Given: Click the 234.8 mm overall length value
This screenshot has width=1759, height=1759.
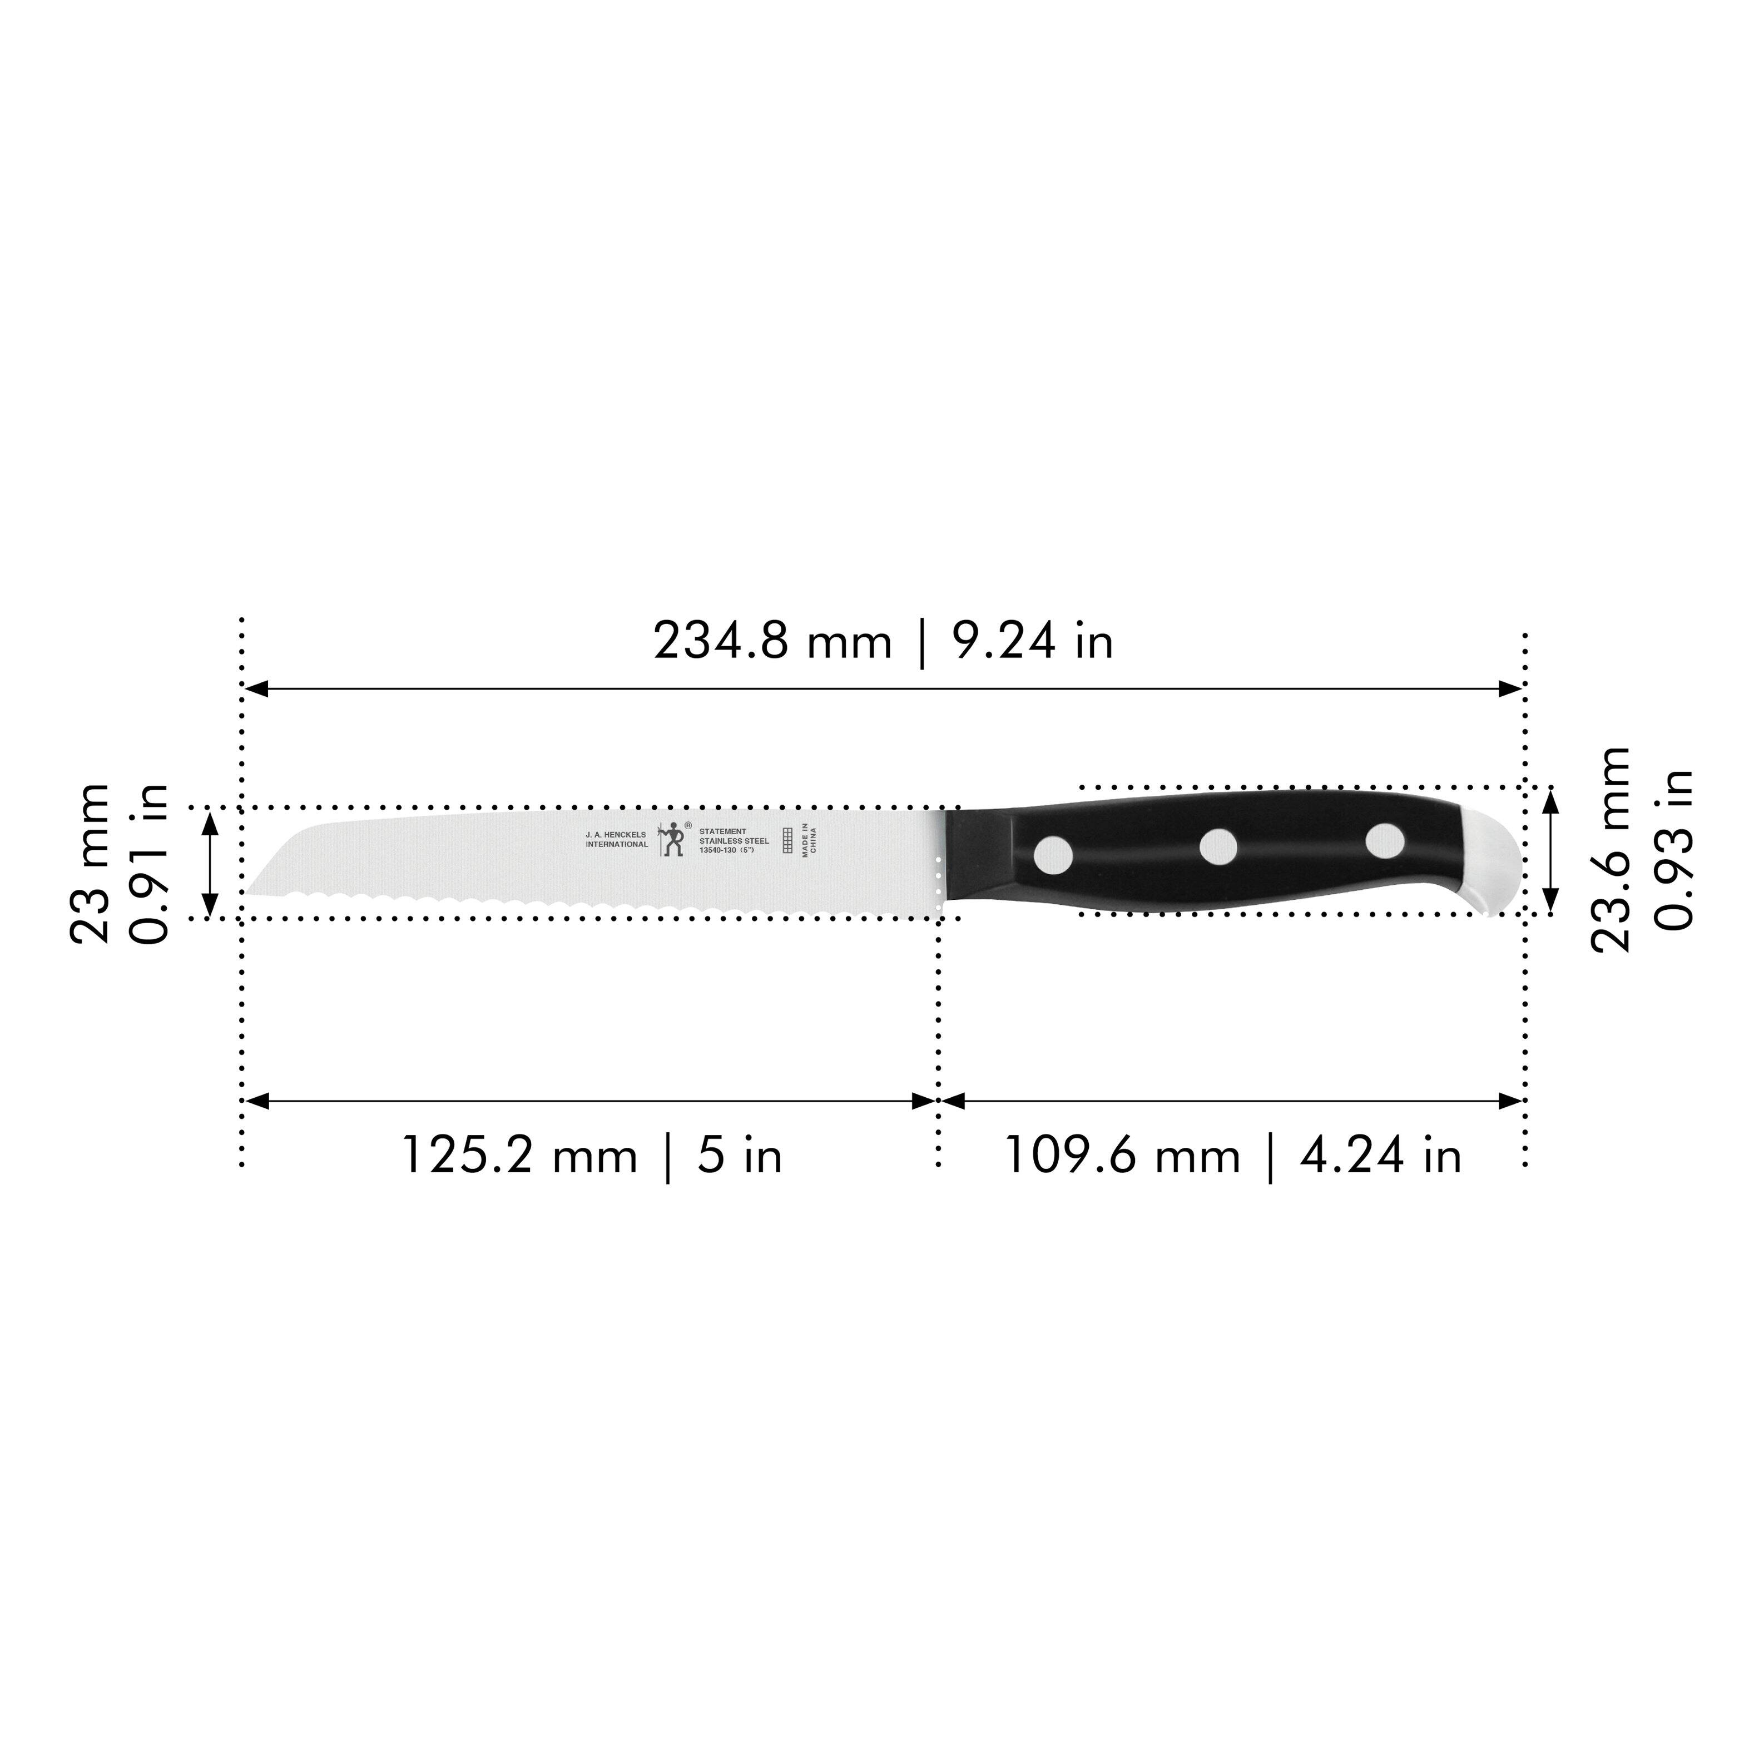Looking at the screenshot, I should tap(772, 641).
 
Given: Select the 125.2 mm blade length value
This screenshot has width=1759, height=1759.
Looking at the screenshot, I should tap(519, 1156).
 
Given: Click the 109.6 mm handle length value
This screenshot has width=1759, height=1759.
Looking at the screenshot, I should tap(1122, 1156).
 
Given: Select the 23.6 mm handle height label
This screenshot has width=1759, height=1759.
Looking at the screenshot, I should tap(1612, 849).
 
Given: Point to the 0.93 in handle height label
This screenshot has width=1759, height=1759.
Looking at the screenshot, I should tap(1673, 849).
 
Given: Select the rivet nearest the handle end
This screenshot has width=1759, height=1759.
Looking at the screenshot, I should tap(1385, 839).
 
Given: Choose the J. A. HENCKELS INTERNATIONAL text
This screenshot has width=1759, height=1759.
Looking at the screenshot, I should tap(616, 839).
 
